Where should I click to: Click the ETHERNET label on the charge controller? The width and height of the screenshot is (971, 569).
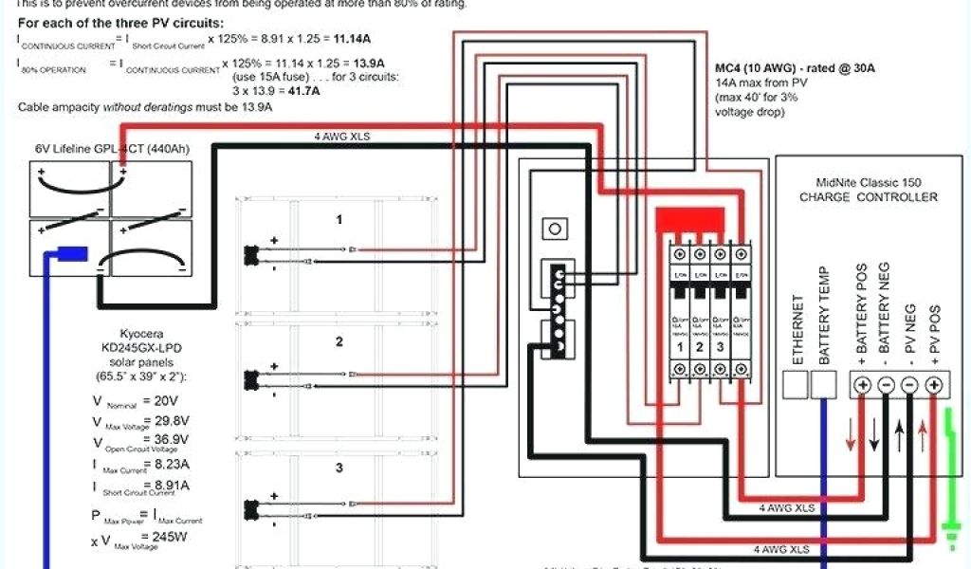[798, 329]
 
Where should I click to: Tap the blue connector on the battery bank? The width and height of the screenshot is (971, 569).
[73, 253]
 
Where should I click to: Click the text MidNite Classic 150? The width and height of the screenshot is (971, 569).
[868, 182]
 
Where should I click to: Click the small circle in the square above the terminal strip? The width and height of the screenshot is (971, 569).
[554, 229]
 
